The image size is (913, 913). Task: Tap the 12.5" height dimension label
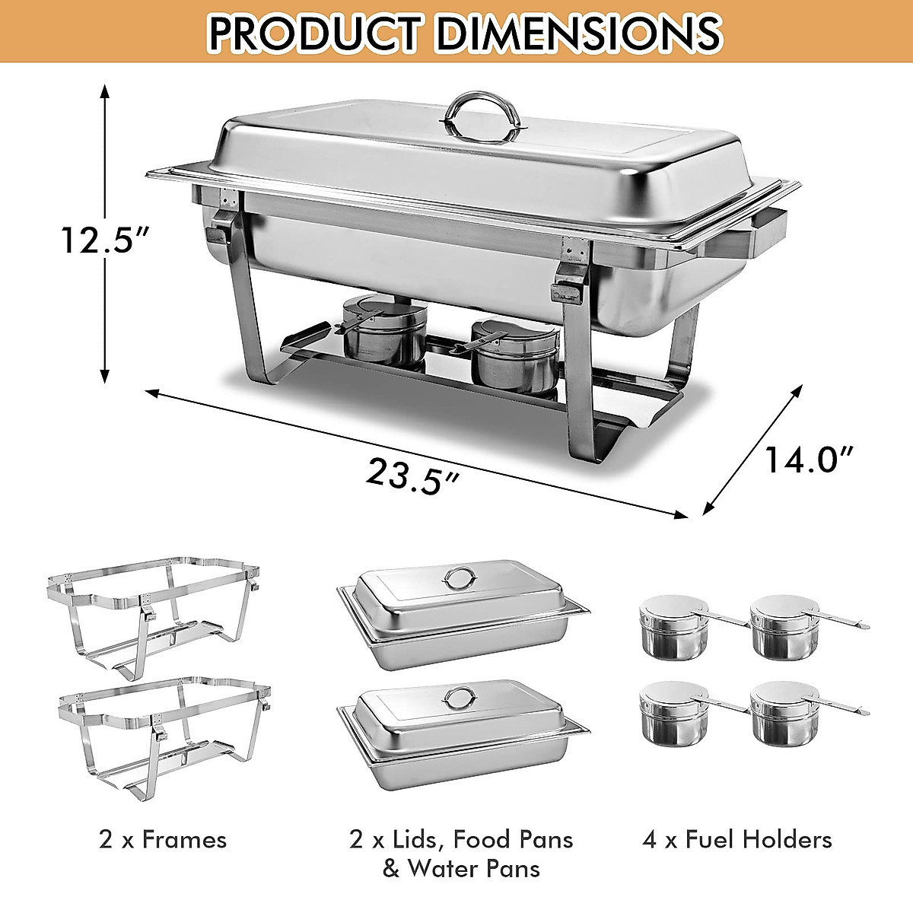click(x=105, y=240)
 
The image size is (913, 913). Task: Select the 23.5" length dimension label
click(x=412, y=476)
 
